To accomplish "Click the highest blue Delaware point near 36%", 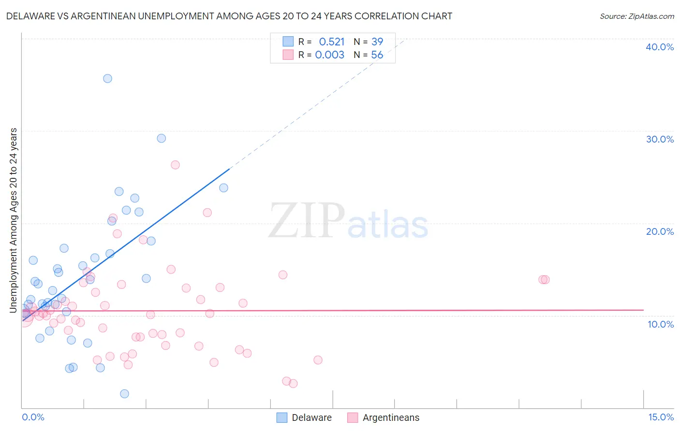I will point(107,78).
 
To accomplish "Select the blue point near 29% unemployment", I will point(162,138).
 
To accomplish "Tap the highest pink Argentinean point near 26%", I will point(175,165).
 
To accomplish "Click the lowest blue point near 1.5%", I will point(124,394).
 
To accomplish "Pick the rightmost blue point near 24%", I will point(223,188).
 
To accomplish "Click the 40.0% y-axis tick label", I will point(660,47).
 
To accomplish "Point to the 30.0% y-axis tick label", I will point(660,139).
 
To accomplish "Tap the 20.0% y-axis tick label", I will point(660,231).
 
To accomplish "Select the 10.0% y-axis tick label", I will point(661,324).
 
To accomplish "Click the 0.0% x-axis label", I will point(33,417).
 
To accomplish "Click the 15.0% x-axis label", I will point(661,417).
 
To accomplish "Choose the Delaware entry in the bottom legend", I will point(311,418).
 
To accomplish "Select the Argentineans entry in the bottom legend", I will point(391,418).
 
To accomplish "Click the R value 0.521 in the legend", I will point(331,42).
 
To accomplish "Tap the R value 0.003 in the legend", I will point(329,55).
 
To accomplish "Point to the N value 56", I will point(377,55).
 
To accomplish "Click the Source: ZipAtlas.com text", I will point(636,16).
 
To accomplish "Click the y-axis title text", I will point(14,220).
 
